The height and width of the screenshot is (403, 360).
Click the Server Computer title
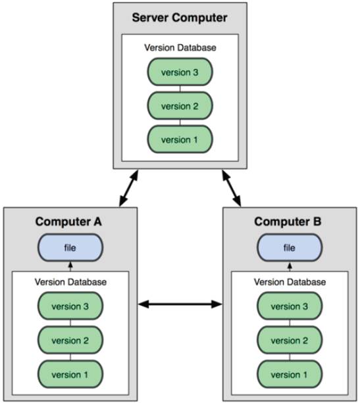[180, 18]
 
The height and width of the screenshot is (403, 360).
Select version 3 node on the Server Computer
[180, 72]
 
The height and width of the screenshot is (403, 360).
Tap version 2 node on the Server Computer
[180, 106]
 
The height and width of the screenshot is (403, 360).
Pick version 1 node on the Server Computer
[180, 139]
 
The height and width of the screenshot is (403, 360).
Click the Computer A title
[68, 222]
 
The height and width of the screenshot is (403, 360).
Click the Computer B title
[288, 222]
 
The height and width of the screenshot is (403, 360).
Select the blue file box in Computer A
[70, 247]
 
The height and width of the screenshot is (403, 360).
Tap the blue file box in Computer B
[290, 247]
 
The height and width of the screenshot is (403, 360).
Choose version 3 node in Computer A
[70, 306]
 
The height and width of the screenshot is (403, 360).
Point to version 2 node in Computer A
[70, 340]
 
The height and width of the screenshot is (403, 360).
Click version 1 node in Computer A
[70, 374]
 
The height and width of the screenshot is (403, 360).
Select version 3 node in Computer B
[290, 306]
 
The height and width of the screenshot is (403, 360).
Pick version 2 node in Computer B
[290, 340]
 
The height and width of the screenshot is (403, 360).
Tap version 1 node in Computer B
[290, 374]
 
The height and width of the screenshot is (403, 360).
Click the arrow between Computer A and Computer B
[180, 304]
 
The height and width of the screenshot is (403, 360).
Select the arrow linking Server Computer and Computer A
[129, 188]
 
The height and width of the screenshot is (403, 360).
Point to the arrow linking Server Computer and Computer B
[232, 188]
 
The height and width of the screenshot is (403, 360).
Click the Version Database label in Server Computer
[180, 48]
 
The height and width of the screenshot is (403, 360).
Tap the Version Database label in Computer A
[71, 282]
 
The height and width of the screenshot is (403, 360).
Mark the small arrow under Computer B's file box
[290, 267]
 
